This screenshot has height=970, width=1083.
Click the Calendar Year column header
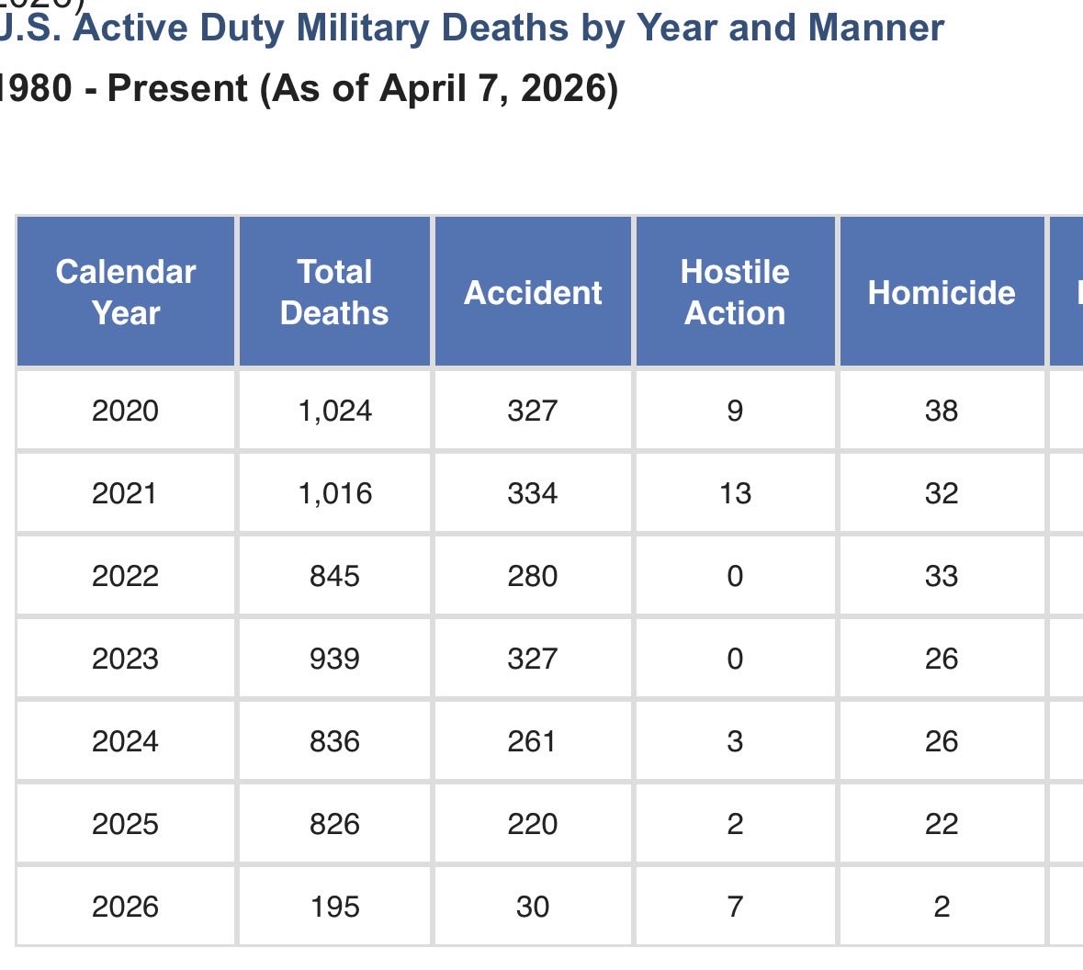coord(126,292)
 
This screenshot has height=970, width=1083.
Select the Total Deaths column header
coord(334,292)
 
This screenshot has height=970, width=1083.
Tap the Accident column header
coord(533,292)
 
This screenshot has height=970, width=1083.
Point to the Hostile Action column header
coord(735,292)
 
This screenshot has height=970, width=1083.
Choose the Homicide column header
coord(942,292)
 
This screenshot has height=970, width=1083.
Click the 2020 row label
coord(126,410)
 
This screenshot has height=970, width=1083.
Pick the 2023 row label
coord(126,659)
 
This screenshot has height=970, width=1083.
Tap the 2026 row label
coord(126,907)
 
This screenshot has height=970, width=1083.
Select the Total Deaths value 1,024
coord(334,410)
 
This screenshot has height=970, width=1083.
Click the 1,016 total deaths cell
coord(334,493)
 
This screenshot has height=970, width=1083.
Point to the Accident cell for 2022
coord(533,576)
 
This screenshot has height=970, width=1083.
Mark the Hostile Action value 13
coord(735,493)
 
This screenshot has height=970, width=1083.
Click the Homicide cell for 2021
coord(942,493)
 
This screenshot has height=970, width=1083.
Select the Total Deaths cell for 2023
coord(334,659)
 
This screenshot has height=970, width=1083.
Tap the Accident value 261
coord(533,741)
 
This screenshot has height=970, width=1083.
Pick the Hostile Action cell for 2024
coord(735,741)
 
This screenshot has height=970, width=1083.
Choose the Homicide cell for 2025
coord(942,824)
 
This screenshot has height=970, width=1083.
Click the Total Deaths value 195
coord(334,907)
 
